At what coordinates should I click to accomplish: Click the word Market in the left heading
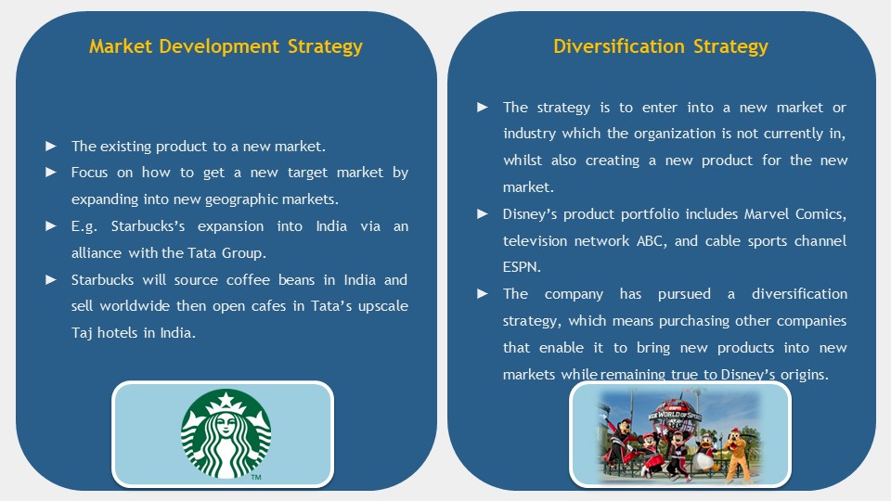121,46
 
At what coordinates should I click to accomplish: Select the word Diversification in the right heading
619,46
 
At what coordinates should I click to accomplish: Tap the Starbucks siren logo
226,434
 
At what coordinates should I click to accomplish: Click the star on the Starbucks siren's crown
226,401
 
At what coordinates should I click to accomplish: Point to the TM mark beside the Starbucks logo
256,477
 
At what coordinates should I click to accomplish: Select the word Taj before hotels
82,333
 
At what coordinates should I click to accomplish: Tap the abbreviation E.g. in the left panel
84,226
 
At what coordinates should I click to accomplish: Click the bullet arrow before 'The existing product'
50,146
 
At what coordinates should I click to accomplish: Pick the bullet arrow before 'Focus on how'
50,173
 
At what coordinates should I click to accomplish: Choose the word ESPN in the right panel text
522,267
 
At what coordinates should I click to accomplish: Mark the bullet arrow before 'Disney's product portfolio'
483,214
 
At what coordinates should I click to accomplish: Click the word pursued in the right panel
684,294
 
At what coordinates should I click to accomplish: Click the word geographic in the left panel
250,200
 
